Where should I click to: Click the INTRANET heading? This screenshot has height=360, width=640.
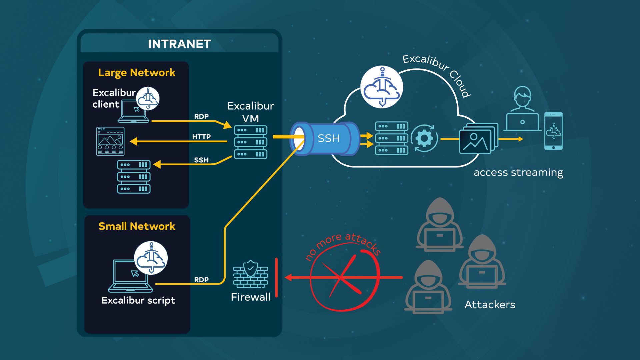point(179,44)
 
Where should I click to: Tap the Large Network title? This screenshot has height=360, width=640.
point(137,73)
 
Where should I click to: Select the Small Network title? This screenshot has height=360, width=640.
point(137,226)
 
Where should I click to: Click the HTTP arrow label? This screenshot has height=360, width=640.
point(201,137)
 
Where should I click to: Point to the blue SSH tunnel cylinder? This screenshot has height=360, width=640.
point(325,138)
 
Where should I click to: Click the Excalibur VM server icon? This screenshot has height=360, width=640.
point(251,142)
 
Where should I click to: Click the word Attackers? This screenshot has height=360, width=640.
point(490,305)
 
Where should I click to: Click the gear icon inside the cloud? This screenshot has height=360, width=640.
point(424,138)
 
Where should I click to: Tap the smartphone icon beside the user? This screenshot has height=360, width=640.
point(553,131)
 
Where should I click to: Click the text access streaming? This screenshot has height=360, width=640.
point(518,173)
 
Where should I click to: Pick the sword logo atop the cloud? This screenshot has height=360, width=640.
point(382,87)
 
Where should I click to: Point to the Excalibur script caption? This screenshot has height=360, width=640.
point(138,300)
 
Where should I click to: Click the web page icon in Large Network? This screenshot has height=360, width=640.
point(110,141)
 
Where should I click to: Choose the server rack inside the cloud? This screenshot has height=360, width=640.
point(391,138)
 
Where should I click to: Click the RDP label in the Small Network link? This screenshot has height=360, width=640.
point(201,280)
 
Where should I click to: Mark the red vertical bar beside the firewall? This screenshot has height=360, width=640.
point(276,277)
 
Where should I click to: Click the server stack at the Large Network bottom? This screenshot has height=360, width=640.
point(134,177)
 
